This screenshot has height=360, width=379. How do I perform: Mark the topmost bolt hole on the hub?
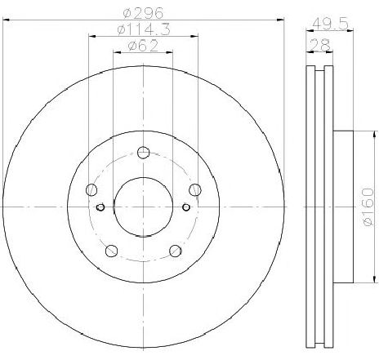tap(143, 152)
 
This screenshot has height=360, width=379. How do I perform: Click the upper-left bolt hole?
tap(91, 189)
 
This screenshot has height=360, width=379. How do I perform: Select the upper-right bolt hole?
tap(194, 189)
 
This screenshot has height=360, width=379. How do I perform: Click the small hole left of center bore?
tap(100, 207)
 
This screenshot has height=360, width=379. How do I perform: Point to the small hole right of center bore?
tap(185, 207)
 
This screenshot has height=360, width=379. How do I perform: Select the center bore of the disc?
tap(143, 207)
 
